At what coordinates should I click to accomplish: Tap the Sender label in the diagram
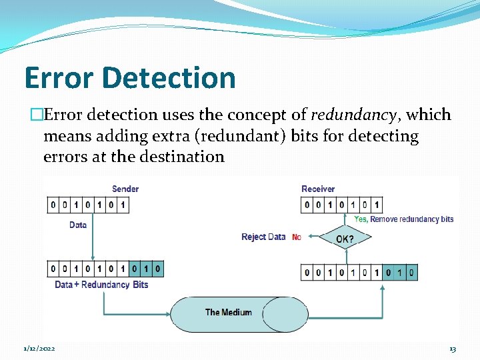tap(125, 189)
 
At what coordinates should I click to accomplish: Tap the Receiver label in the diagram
tap(318, 189)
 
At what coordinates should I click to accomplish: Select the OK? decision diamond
tap(345, 238)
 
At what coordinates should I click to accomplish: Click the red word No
tap(297, 237)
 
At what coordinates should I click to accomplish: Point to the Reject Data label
tap(263, 237)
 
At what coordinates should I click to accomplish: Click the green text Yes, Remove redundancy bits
tap(404, 219)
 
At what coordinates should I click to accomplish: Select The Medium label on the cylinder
tap(229, 312)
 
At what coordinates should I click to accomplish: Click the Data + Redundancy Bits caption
tap(101, 285)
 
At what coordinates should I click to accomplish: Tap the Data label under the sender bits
tap(78, 225)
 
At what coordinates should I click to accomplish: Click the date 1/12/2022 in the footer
tap(39, 349)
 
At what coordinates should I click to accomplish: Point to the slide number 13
tap(453, 349)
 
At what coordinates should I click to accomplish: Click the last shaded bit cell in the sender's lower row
tap(157, 269)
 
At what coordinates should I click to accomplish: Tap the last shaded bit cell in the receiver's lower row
tap(411, 272)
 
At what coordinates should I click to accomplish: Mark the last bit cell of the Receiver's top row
tap(377, 205)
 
